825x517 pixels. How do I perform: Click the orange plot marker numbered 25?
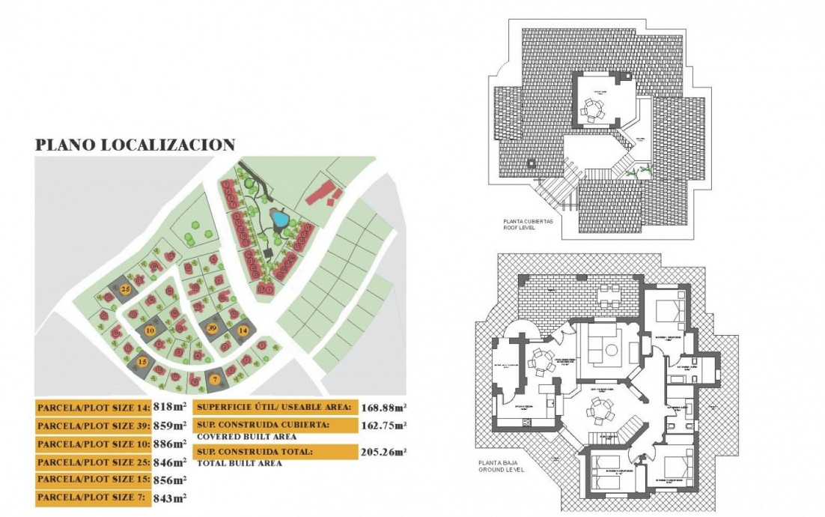click(126, 289)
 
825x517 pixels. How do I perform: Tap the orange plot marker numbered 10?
click(150, 330)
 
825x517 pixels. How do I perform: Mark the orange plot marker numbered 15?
click(143, 363)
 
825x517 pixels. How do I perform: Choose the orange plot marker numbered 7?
click(215, 379)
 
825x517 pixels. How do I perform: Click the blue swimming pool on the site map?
click(280, 220)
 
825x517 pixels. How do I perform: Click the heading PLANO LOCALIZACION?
click(136, 145)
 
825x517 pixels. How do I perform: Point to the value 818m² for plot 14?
click(170, 408)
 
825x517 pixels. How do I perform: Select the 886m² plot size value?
click(170, 444)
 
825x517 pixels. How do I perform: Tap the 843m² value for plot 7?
click(170, 498)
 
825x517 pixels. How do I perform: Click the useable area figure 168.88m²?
click(383, 408)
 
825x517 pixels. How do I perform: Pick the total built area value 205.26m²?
click(383, 452)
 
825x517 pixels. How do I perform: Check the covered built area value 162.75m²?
click(383, 426)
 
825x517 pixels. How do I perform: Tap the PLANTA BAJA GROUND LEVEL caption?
click(500, 466)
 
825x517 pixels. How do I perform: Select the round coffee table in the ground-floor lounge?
click(611, 349)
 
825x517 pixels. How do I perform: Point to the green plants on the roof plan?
click(635, 174)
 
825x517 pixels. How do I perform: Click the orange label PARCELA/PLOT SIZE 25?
click(92, 462)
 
